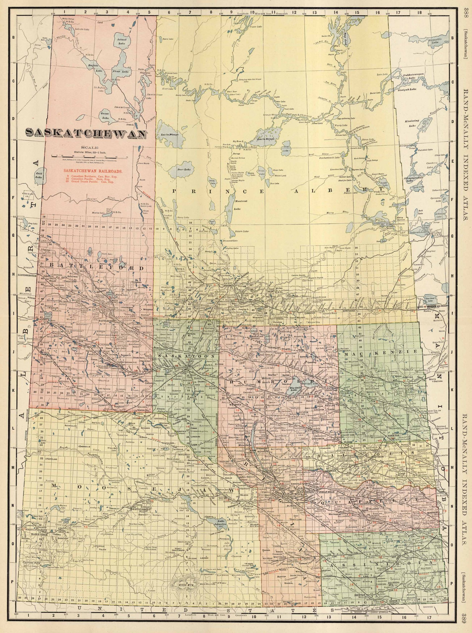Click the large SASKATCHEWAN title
(x=86, y=133)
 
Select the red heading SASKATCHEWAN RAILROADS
(x=90, y=171)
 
